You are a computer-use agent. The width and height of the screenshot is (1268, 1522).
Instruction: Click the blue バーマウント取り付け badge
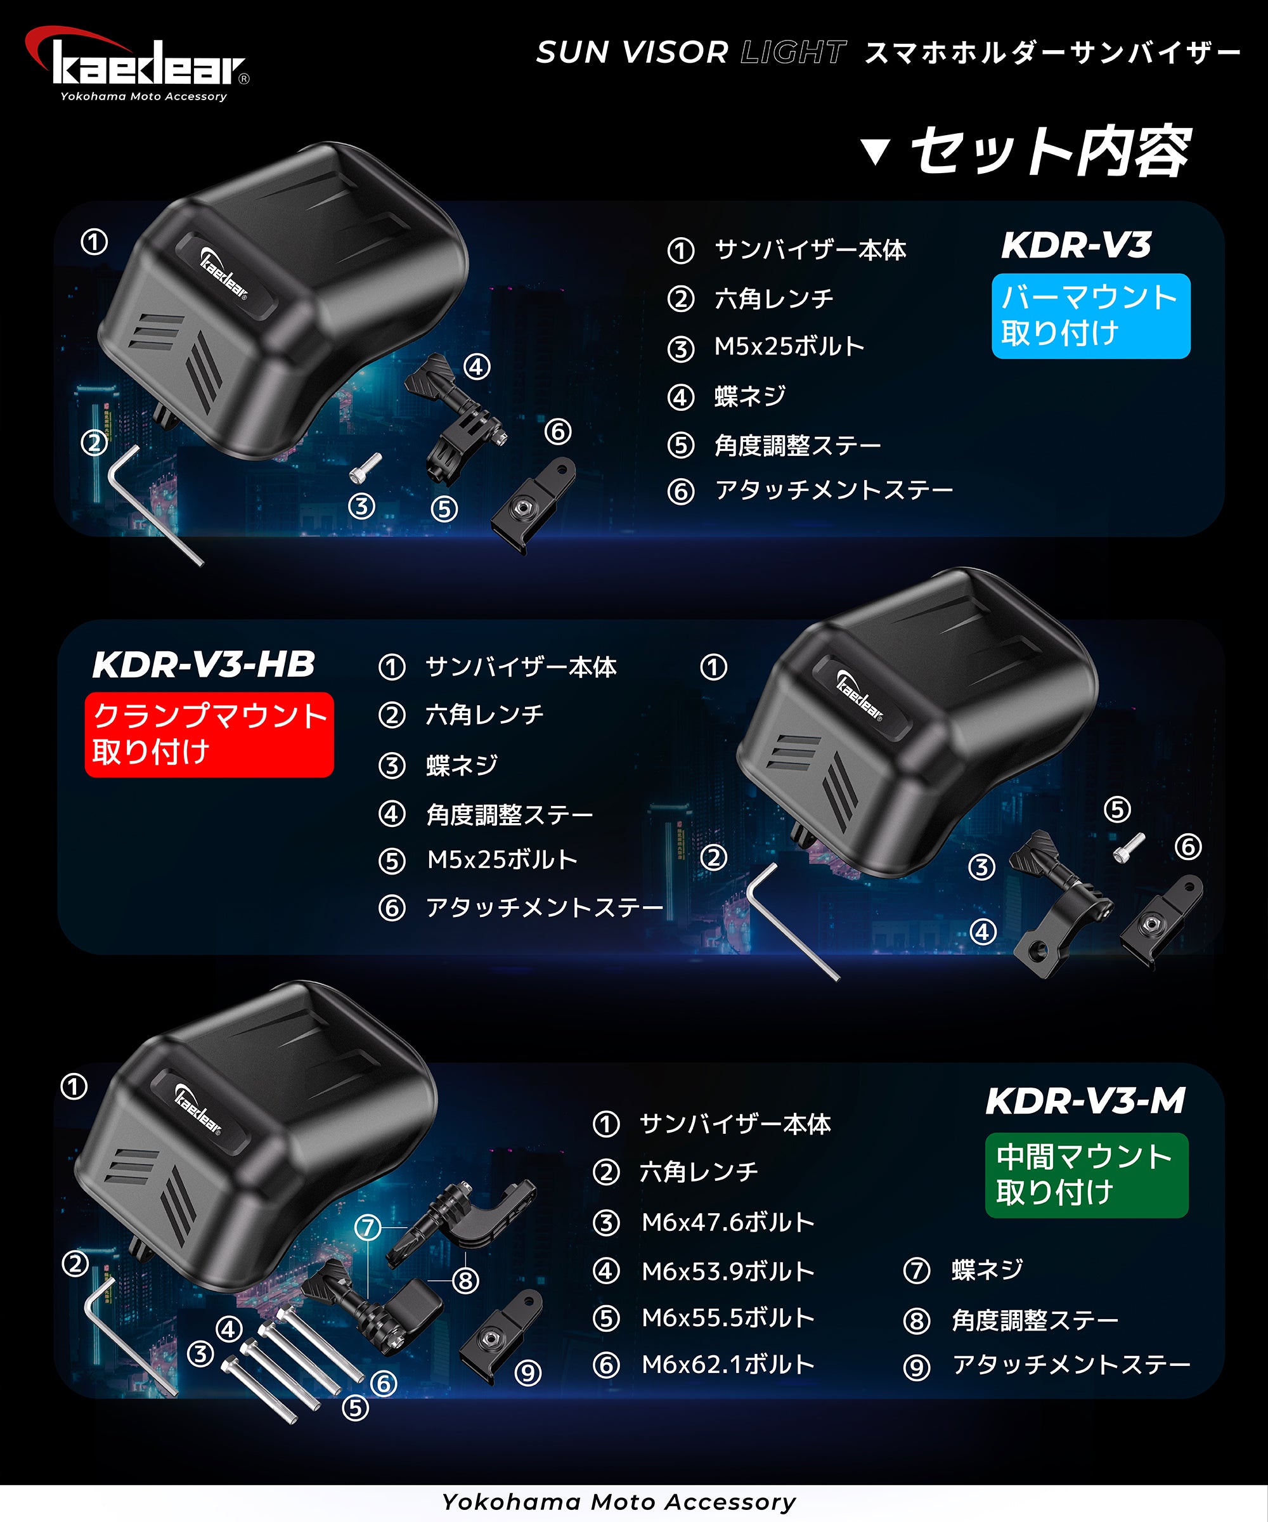(x=1090, y=316)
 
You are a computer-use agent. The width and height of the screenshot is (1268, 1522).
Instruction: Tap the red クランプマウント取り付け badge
(x=209, y=734)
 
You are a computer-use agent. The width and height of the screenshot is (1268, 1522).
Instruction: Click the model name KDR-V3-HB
(x=204, y=665)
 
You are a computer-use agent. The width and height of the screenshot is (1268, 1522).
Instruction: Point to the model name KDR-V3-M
(x=1085, y=1100)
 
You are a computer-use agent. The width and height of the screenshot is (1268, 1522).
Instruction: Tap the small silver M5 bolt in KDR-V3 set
(x=365, y=467)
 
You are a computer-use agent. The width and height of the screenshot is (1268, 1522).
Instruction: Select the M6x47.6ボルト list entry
(x=727, y=1223)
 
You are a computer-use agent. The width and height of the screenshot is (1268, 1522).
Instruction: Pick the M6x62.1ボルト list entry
(x=727, y=1365)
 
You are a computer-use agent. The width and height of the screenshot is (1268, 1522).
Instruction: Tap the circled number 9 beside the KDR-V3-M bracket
(x=527, y=1372)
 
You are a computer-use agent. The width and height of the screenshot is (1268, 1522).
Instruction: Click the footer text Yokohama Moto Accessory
(x=619, y=1502)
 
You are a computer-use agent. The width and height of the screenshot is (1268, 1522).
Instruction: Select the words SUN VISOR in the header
(x=632, y=52)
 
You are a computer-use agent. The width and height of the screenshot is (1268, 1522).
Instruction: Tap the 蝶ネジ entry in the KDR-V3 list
(x=750, y=396)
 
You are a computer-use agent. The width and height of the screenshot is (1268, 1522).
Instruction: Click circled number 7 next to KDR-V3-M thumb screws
(x=367, y=1228)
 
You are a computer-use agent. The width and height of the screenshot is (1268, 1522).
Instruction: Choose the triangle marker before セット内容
(x=876, y=152)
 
